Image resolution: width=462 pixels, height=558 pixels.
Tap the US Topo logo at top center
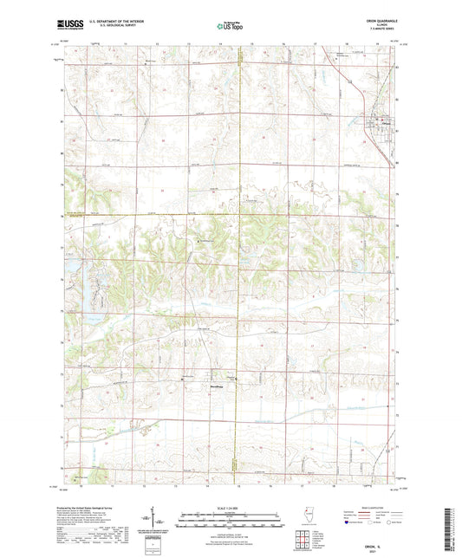pos(230,27)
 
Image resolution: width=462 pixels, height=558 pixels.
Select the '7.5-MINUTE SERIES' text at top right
pos(378,30)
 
